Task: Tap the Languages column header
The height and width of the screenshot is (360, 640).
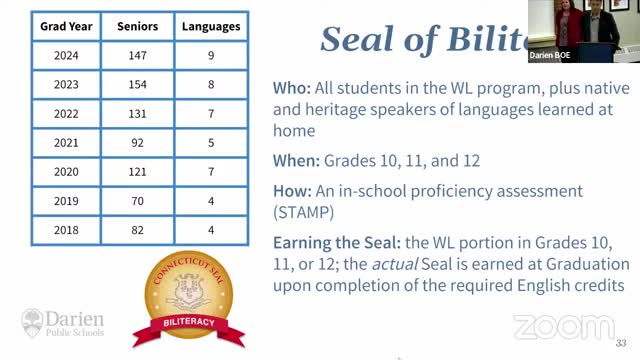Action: [x=210, y=26]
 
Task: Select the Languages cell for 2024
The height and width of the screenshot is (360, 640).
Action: [x=210, y=58]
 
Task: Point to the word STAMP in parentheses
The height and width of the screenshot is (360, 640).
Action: [x=308, y=212]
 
